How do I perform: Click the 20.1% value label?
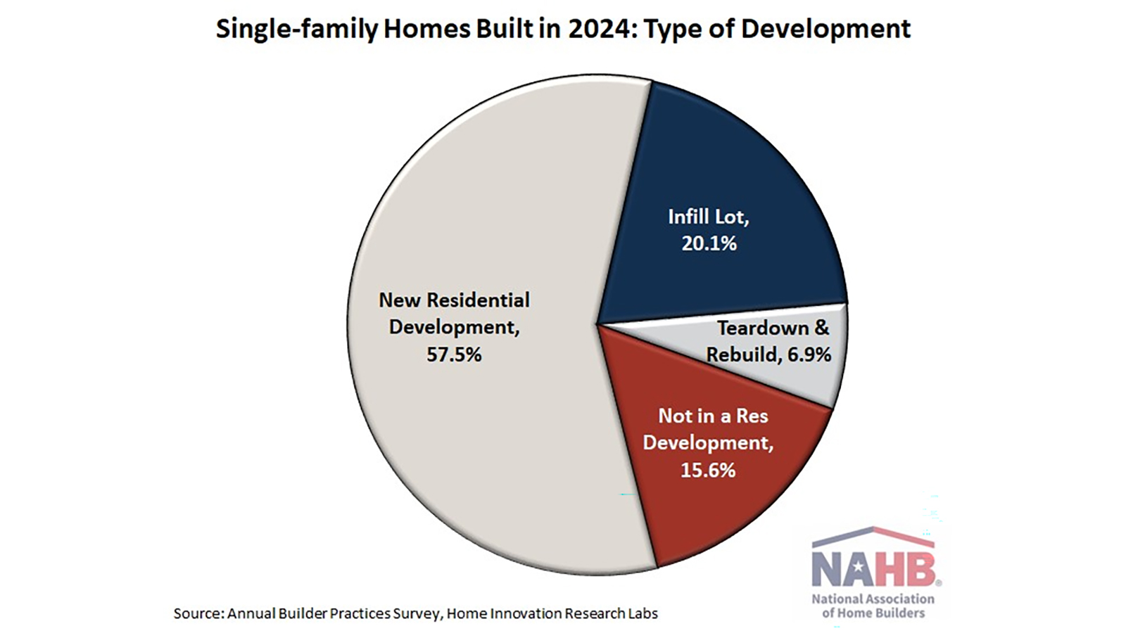709,243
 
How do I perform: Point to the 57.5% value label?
454,354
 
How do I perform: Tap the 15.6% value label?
708,471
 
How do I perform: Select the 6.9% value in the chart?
809,354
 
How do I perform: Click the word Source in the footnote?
198,614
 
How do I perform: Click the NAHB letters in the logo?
875,569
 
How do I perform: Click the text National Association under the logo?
873,599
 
